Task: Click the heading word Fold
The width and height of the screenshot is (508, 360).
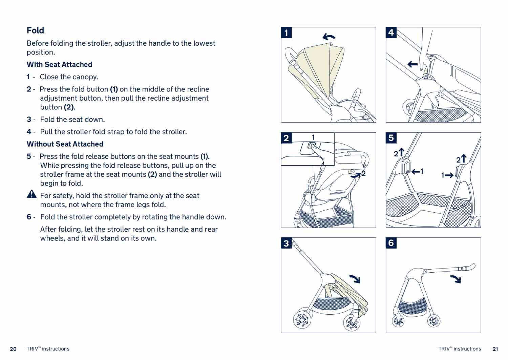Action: (x=35, y=30)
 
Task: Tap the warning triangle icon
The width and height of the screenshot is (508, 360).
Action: (x=31, y=194)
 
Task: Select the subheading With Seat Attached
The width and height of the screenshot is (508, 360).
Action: (x=59, y=64)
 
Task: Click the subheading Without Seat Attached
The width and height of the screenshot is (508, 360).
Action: (x=65, y=144)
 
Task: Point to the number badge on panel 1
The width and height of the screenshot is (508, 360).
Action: (x=286, y=33)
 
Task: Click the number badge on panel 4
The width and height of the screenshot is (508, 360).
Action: (x=391, y=33)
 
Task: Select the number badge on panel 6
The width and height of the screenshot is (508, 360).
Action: (x=391, y=243)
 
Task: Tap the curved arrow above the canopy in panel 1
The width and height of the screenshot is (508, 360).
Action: (x=329, y=37)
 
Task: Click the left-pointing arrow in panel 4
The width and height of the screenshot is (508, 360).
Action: (x=412, y=64)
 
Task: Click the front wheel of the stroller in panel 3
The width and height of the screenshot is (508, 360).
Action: (x=352, y=322)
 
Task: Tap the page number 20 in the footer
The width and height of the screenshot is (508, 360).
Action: (x=13, y=349)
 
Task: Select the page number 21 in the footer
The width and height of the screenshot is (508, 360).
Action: (x=495, y=349)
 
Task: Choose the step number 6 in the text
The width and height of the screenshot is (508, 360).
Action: (x=29, y=217)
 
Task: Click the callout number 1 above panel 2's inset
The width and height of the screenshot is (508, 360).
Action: (x=313, y=137)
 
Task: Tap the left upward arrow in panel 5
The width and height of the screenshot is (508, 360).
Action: (x=401, y=152)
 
